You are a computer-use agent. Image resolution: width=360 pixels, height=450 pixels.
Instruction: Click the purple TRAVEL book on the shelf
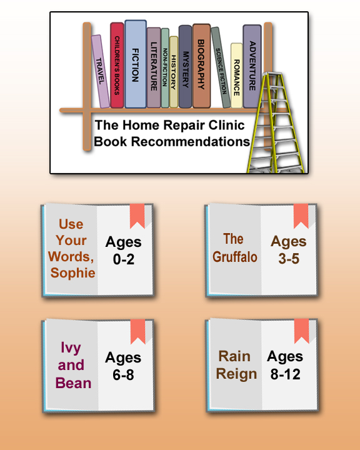[x=101, y=72]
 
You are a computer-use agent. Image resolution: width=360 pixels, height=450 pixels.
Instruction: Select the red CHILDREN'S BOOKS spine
[x=117, y=65]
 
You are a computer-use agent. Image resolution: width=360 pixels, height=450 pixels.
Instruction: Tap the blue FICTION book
[x=136, y=64]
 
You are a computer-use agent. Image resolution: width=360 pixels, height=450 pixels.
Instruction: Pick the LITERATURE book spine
[x=154, y=67]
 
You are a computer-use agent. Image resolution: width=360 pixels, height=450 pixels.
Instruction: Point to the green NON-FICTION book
[x=165, y=68]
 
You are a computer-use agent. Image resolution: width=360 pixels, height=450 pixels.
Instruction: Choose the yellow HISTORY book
[x=174, y=72]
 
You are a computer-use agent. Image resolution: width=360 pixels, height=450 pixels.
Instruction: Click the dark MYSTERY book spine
[x=185, y=67]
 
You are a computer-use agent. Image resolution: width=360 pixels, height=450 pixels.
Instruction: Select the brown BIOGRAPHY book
[x=201, y=66]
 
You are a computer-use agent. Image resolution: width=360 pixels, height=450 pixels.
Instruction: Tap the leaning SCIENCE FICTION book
[x=221, y=67]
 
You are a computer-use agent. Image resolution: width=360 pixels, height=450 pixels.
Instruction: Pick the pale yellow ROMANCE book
[x=236, y=76]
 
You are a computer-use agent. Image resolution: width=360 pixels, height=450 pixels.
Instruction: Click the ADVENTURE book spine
[x=252, y=66]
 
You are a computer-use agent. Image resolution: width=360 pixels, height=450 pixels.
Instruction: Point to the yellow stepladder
[x=275, y=122]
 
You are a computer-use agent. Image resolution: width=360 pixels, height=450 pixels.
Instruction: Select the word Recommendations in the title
[x=191, y=141]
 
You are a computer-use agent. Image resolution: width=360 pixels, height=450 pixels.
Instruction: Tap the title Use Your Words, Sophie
[x=71, y=248]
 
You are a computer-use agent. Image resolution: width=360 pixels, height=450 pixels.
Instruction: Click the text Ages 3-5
[x=289, y=249]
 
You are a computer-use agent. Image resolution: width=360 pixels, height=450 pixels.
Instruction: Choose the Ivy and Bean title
[x=73, y=365]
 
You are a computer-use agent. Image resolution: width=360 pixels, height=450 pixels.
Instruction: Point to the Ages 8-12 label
[x=285, y=365]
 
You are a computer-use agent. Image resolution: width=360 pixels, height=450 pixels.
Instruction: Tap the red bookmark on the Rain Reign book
[x=301, y=331]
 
